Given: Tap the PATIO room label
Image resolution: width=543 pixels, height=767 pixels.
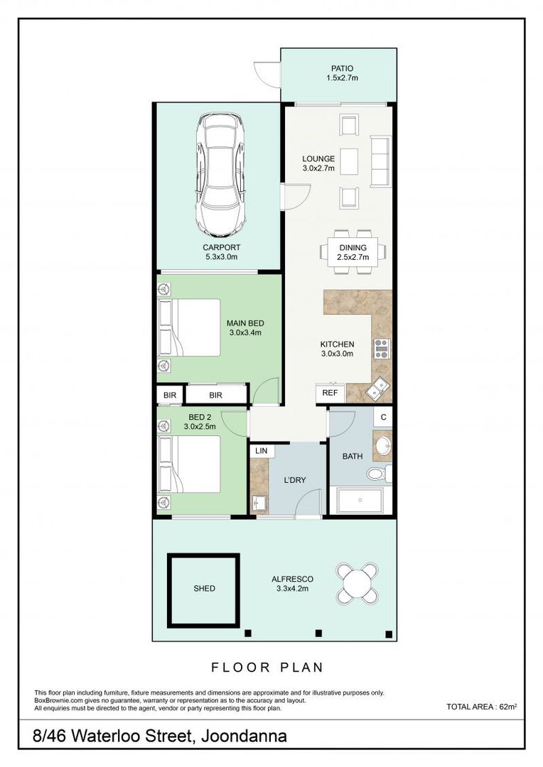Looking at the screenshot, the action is [x=342, y=68].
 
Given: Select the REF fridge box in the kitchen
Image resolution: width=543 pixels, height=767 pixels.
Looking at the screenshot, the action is [x=330, y=393].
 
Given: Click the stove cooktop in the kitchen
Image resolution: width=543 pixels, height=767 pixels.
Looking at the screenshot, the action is [x=382, y=349].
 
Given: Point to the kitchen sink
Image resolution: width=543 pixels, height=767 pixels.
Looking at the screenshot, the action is [x=377, y=388].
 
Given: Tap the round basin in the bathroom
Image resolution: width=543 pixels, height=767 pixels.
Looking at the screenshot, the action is [x=382, y=445].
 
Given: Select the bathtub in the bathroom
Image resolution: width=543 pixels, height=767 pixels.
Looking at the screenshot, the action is [x=360, y=500].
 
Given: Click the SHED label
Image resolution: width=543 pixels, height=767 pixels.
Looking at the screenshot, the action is [x=204, y=589].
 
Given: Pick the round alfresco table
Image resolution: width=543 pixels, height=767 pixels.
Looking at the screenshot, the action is [x=357, y=582].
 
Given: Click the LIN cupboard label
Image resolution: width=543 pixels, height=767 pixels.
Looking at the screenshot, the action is [x=262, y=450].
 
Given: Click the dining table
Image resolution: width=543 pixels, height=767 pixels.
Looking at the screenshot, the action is [x=353, y=252].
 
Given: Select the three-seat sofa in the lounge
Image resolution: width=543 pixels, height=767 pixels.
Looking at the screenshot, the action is [x=380, y=161].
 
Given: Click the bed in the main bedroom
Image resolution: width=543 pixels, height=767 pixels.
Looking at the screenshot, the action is [x=190, y=327].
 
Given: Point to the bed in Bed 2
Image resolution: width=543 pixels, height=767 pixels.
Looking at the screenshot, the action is [x=190, y=464].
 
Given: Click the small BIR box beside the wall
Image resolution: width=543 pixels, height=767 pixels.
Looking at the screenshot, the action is [x=170, y=396].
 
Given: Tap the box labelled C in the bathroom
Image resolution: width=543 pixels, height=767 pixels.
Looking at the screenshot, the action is [x=383, y=418].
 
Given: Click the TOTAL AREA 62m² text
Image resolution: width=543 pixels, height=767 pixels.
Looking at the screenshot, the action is [x=482, y=707].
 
